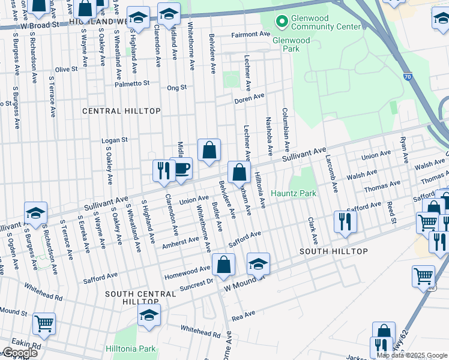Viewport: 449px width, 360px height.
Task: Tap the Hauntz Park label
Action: [x=293, y=193]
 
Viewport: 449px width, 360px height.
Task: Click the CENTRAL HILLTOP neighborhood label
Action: [x=121, y=111]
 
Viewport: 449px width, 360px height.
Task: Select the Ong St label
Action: [x=177, y=87]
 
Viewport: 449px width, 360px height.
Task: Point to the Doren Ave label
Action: [x=249, y=98]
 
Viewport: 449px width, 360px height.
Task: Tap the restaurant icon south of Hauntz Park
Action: [x=346, y=220]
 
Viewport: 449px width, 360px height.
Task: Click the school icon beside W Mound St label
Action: [x=258, y=264]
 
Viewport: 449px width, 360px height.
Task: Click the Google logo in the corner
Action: [x=20, y=353]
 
